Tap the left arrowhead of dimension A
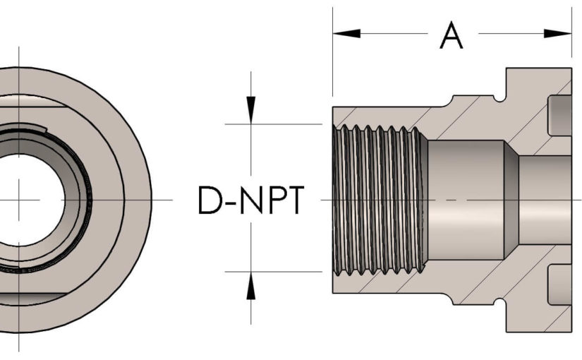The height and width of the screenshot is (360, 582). point(346,33)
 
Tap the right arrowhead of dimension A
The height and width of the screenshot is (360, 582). point(558,33)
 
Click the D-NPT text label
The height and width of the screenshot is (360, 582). point(250,200)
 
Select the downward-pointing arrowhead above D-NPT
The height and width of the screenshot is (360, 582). point(250,109)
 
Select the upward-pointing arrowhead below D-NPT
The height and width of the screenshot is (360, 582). point(250,285)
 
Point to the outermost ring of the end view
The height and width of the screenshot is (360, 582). point(138,200)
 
